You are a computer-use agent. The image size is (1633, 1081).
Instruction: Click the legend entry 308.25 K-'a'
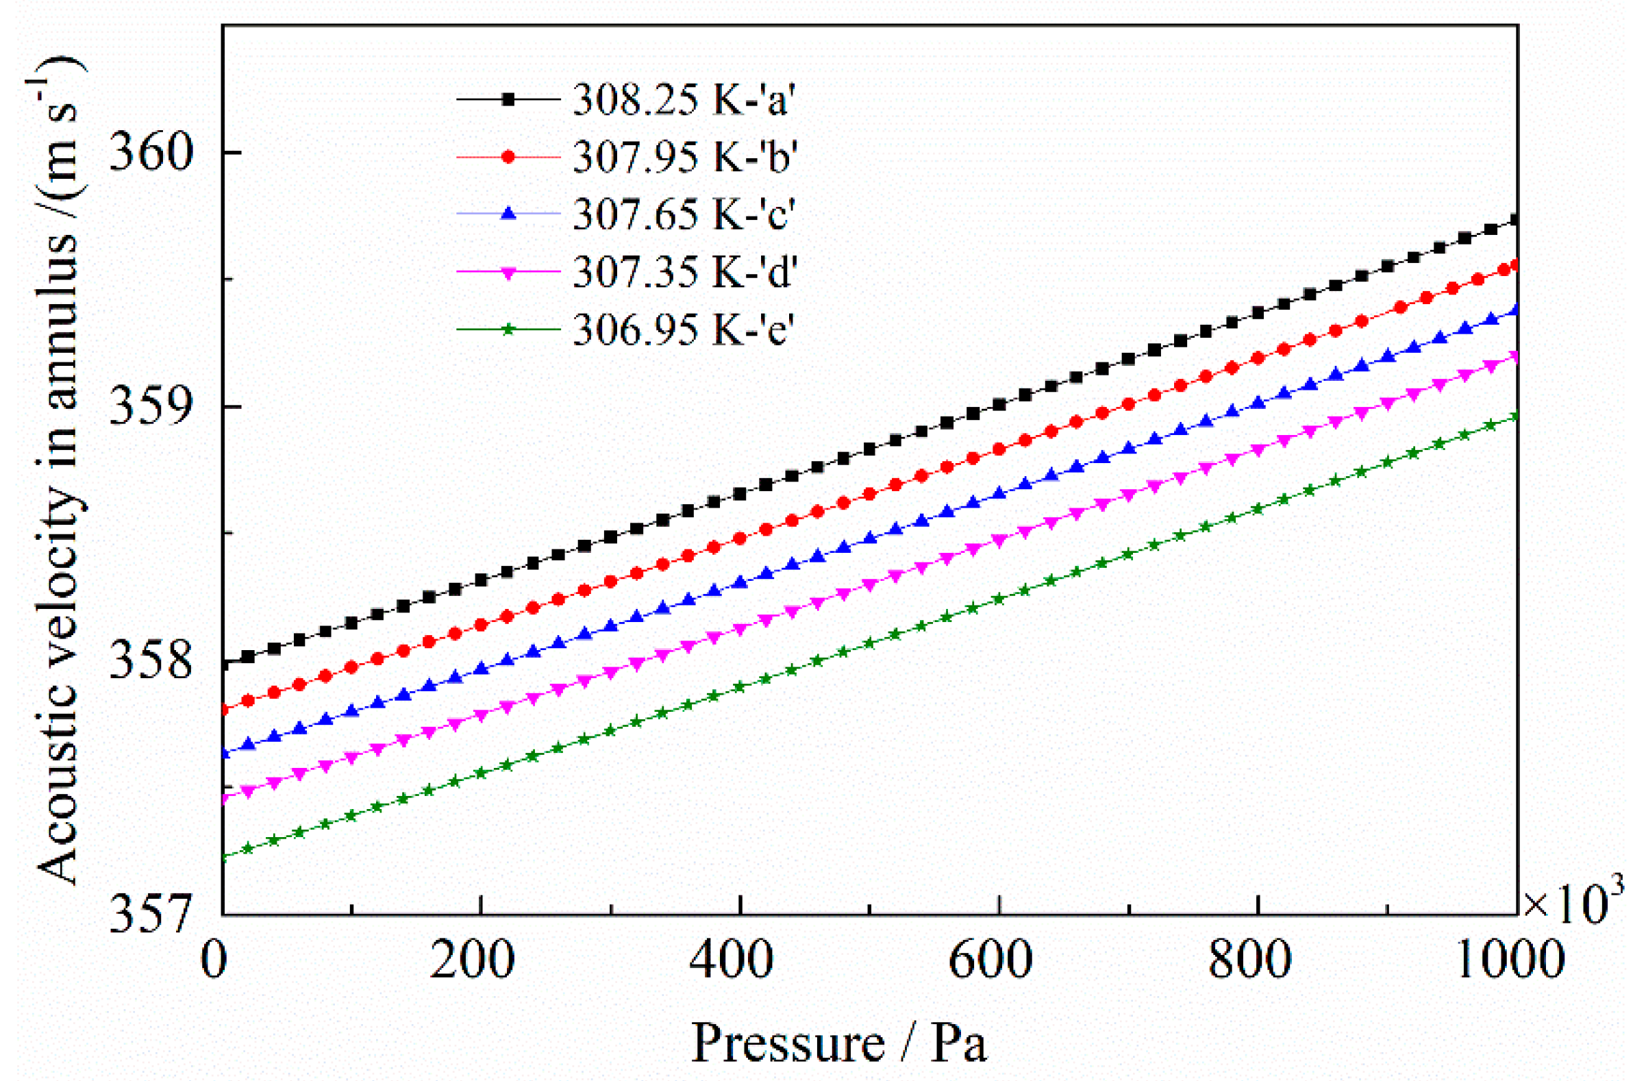(684, 99)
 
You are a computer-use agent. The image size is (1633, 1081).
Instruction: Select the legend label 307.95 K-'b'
(684, 156)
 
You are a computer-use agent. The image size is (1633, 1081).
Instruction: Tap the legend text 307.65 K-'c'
(684, 214)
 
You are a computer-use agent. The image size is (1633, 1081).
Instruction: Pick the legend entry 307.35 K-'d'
(684, 272)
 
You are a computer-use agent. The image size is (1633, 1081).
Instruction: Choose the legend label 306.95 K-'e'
(684, 329)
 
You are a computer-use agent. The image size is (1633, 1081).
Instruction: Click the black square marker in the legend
(508, 99)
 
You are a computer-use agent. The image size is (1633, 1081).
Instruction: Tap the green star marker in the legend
(508, 329)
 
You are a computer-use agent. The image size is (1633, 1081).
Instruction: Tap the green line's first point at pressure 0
(223, 858)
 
